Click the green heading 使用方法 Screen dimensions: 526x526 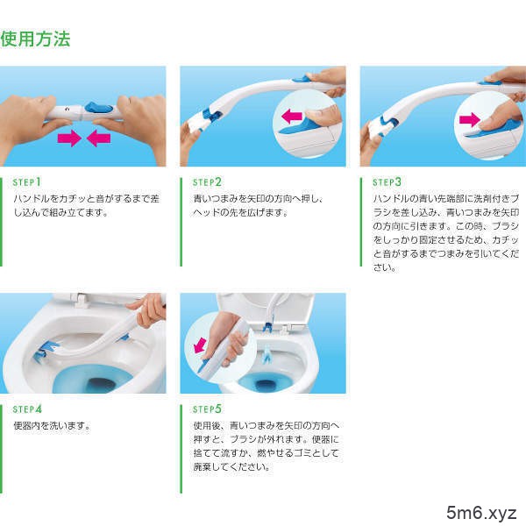coord(35,39)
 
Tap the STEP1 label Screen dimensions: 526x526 coord(27,182)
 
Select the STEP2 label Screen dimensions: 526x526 coord(207,182)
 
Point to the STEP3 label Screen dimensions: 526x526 coord(387,182)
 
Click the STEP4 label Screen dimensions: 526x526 coord(27,409)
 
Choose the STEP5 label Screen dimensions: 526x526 coord(207,409)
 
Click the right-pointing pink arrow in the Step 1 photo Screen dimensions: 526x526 coord(69,139)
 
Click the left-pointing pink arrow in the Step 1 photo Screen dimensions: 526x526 coord(98,139)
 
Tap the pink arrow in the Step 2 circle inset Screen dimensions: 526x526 coord(292,117)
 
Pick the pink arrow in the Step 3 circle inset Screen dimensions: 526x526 coord(470,120)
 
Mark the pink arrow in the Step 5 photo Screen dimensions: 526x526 coord(200,345)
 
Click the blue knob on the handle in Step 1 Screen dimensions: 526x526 coord(98,108)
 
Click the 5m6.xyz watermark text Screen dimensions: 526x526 coord(481,513)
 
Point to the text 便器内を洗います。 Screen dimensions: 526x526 coord(52,426)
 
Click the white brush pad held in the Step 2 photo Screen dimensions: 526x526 coord(197,123)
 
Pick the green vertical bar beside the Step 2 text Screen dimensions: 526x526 coord(181,222)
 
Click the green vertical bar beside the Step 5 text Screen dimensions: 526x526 coord(181,449)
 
